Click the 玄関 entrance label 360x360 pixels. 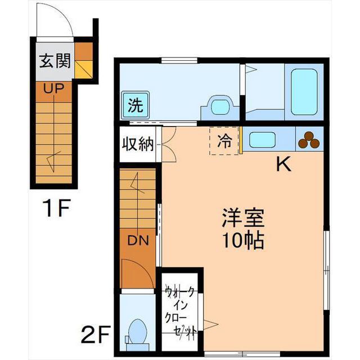click(55, 61)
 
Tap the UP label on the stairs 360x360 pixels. click(54, 88)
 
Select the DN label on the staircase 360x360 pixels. click(138, 240)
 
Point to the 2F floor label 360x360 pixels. click(96, 334)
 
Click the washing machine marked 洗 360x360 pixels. click(135, 105)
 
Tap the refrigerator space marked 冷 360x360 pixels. click(224, 141)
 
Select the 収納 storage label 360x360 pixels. click(137, 145)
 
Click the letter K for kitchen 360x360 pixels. click(283, 164)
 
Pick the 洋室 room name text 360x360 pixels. click(243, 218)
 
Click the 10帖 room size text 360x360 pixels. click(243, 240)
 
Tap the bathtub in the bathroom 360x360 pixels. click(304, 92)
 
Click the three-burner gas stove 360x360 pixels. click(309, 139)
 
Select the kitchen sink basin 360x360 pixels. click(262, 140)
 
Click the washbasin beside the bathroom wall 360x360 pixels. click(220, 108)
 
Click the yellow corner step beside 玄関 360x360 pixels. click(84, 69)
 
